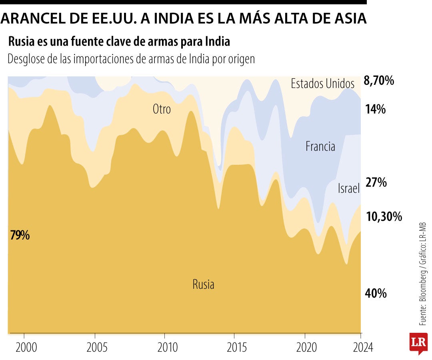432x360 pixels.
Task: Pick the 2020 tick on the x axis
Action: click(x=305, y=347)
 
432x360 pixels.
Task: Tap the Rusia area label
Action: click(x=203, y=284)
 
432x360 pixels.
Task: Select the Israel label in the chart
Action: click(x=348, y=188)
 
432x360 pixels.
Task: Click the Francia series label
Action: click(x=320, y=146)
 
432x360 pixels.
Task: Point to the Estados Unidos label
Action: click(x=322, y=84)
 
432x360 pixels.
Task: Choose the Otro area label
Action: click(x=162, y=109)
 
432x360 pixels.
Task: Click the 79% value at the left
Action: click(x=20, y=235)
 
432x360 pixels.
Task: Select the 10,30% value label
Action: click(x=383, y=217)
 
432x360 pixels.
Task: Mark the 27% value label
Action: click(x=376, y=182)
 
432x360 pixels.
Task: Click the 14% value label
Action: click(x=375, y=109)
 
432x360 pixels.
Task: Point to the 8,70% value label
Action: click(x=378, y=81)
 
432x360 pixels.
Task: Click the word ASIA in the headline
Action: click(x=348, y=18)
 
